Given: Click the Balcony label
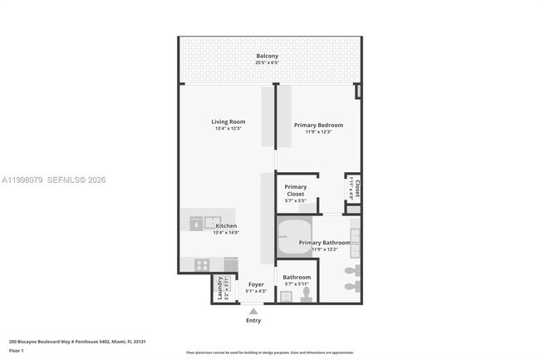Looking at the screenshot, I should pyautogui.click(x=267, y=56).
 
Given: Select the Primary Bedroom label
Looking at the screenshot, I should pyautogui.click(x=318, y=126).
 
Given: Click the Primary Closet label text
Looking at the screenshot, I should pyautogui.click(x=296, y=190).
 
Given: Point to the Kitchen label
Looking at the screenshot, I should pyautogui.click(x=226, y=226).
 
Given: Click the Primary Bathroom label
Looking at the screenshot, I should pyautogui.click(x=325, y=243).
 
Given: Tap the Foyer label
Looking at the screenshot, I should pyautogui.click(x=256, y=284).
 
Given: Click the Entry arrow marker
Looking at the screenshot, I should pyautogui.click(x=253, y=310).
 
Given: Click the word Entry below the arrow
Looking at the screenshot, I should pyautogui.click(x=253, y=321).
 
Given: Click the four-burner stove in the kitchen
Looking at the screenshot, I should pyautogui.click(x=202, y=264).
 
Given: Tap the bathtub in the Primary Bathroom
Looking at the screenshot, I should pyautogui.click(x=292, y=239).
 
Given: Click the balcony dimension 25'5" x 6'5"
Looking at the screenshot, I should pyautogui.click(x=267, y=63).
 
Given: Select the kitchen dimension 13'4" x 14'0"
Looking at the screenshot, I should pyautogui.click(x=226, y=233).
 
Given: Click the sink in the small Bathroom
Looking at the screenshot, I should pyautogui.click(x=287, y=296).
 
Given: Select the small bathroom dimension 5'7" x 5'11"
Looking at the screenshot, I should pyautogui.click(x=297, y=284).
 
